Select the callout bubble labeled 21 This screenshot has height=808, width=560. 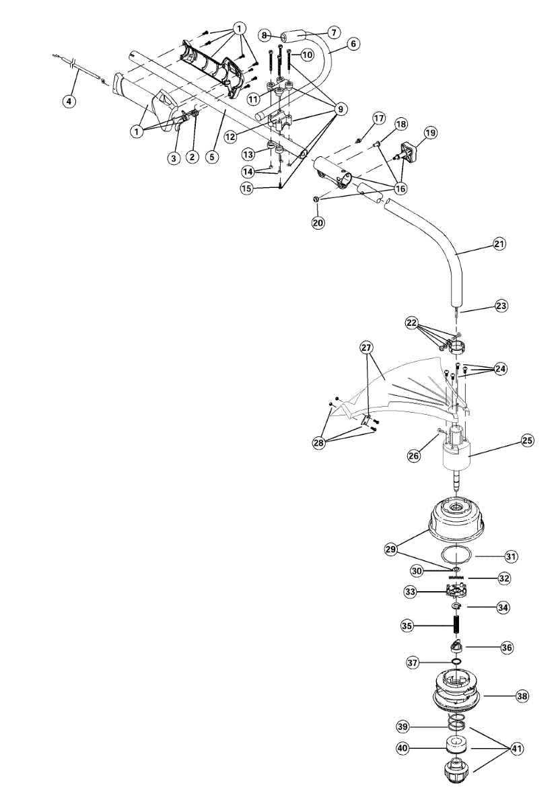(499, 244)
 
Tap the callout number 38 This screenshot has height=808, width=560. (522, 697)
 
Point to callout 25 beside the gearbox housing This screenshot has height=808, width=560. (528, 442)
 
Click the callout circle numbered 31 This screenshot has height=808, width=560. (511, 556)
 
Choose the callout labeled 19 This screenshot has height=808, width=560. (430, 133)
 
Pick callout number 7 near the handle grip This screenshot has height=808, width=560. (333, 32)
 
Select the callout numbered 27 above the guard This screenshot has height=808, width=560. (366, 348)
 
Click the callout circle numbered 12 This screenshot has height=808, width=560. (230, 135)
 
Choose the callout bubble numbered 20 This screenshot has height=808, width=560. (318, 222)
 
